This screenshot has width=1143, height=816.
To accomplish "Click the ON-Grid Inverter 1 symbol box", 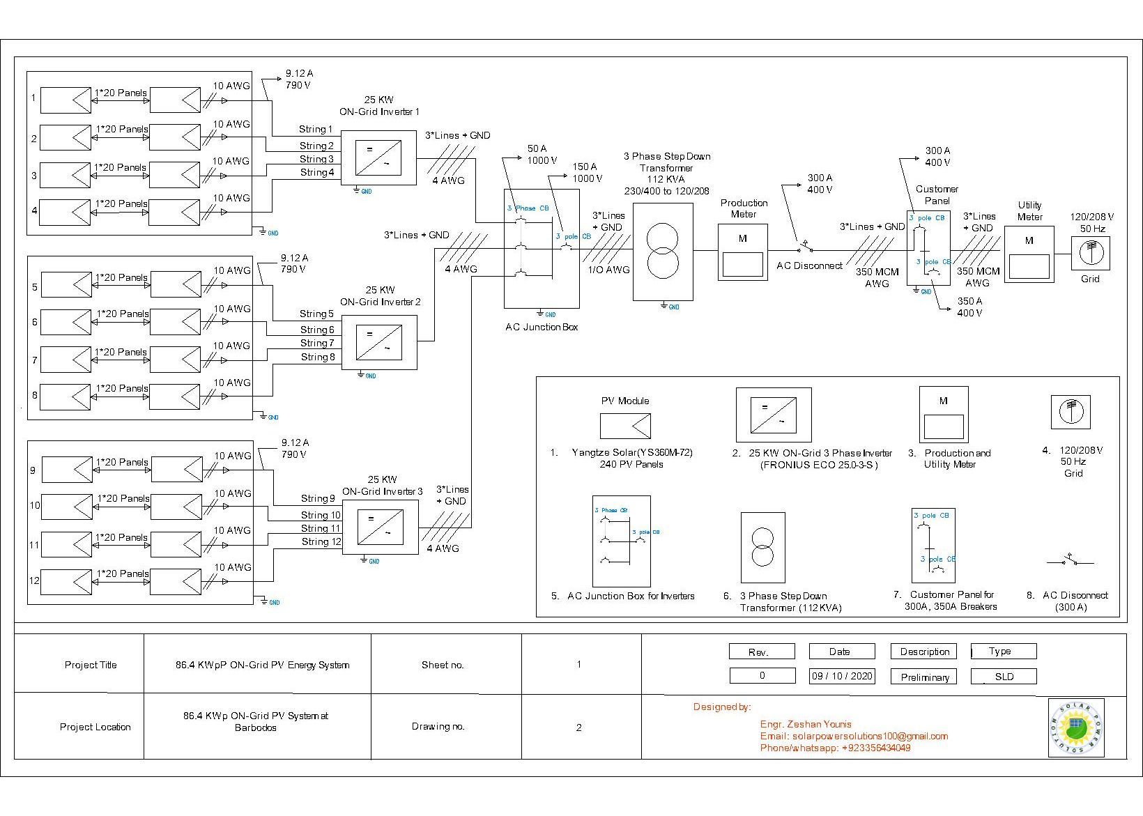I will (378, 158).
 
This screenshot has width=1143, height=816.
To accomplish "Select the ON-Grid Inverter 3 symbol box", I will (380, 528).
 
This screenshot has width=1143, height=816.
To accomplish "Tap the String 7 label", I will (317, 343).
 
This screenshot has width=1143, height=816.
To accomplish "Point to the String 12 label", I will (321, 541).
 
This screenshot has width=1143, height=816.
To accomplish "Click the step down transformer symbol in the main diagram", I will (663, 252).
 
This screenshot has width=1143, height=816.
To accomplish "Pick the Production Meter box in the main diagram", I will (742, 252).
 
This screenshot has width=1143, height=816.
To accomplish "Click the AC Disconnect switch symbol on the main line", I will (805, 248).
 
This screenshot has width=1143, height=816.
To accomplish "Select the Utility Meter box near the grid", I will (1029, 254).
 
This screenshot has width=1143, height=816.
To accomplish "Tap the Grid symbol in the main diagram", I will (1090, 252).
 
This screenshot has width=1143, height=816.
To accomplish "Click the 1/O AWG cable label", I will (608, 270).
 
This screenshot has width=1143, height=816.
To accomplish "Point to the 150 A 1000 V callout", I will (587, 173).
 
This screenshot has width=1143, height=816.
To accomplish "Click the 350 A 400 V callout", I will (969, 307).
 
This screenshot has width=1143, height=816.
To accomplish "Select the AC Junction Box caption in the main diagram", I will (542, 327).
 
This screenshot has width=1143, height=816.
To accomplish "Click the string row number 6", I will (34, 322).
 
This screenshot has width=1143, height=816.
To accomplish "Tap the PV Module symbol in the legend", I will (625, 426).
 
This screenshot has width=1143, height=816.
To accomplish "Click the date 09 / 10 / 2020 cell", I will (842, 676).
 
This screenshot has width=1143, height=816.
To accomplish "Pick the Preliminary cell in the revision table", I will (924, 677).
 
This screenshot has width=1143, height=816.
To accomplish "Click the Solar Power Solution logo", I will (1076, 728).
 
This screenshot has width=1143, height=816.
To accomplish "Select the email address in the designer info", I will (854, 736).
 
